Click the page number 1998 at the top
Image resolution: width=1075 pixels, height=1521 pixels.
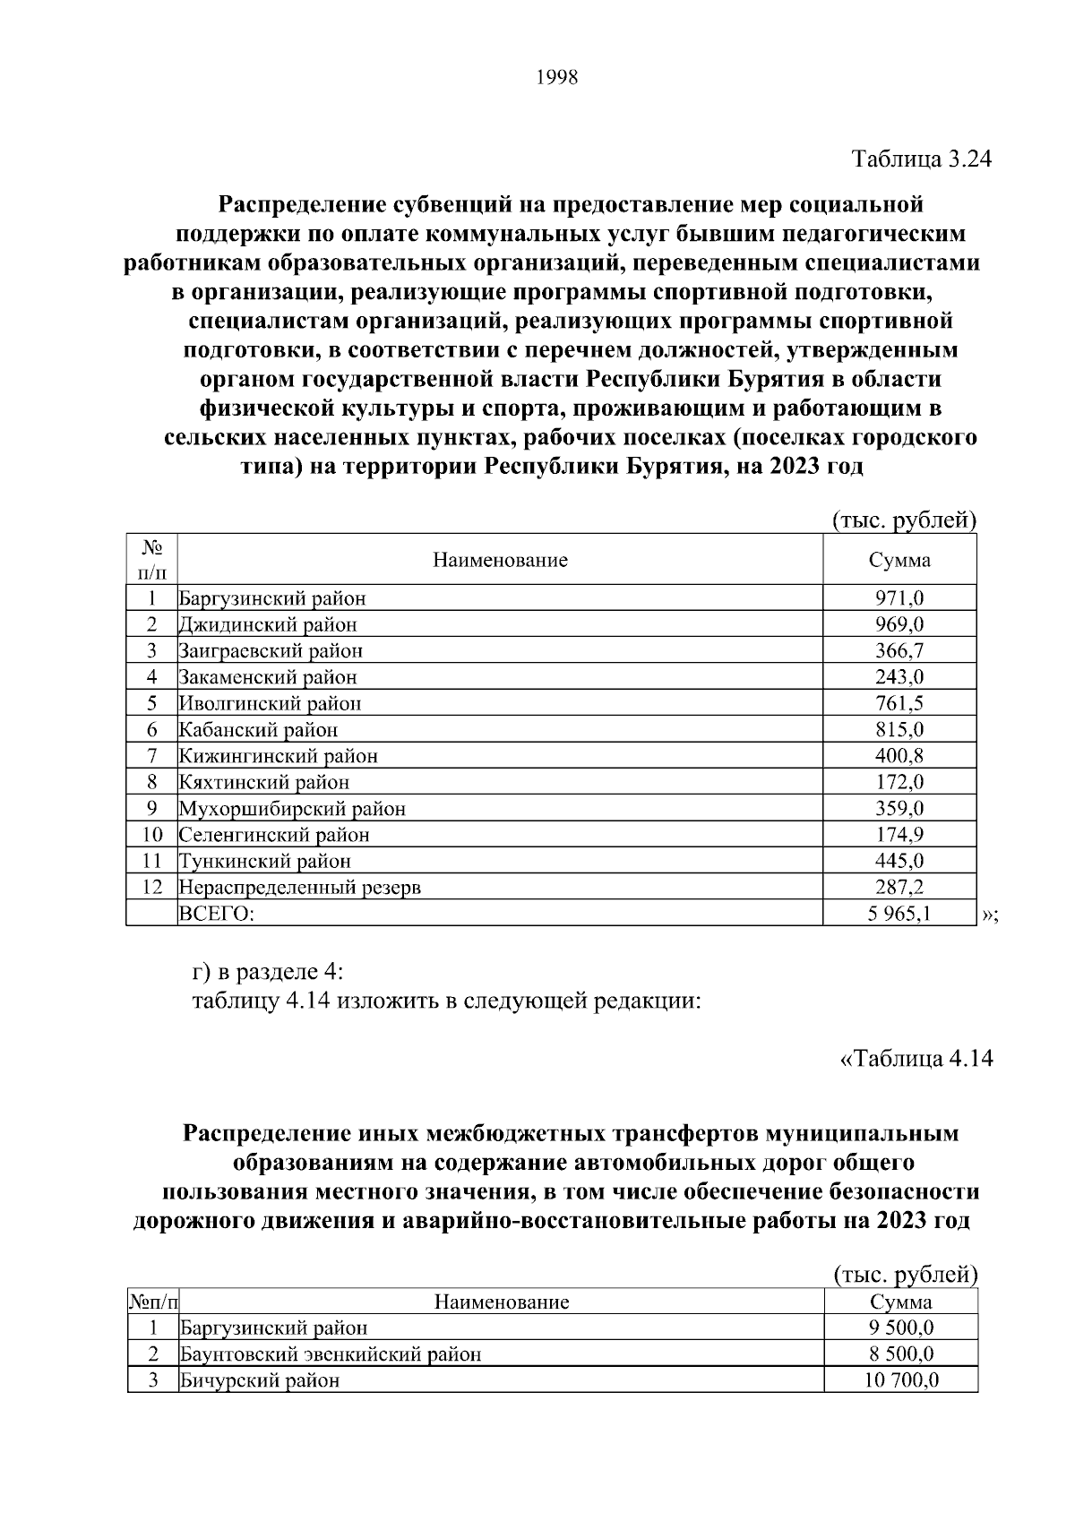557,78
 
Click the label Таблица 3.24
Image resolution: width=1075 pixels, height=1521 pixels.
922,159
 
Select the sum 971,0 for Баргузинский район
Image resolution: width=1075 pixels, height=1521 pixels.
899,598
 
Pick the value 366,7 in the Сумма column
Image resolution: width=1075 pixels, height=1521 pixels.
899,650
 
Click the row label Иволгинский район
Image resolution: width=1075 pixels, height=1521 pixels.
270,703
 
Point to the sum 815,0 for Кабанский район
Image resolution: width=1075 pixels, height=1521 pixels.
899,729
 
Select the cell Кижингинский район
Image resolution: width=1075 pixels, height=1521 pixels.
278,756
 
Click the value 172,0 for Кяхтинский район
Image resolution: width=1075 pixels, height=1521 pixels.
899,782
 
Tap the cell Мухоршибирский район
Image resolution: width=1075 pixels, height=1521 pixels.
292,809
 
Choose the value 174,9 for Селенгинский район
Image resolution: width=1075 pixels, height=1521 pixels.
899,835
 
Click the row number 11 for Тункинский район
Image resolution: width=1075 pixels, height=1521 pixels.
151,861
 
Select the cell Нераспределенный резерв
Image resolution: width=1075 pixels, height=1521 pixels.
299,888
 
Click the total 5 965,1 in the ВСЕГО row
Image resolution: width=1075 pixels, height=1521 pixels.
899,914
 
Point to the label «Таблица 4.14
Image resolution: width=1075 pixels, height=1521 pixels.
916,1058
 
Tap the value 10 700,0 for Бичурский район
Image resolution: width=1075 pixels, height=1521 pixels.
900,1380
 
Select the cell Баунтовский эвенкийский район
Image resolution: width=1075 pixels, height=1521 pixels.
330,1353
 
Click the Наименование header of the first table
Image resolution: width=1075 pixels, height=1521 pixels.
500,561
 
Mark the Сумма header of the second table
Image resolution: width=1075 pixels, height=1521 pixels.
900,1302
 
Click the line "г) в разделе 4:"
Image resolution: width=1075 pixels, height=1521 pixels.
267,972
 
